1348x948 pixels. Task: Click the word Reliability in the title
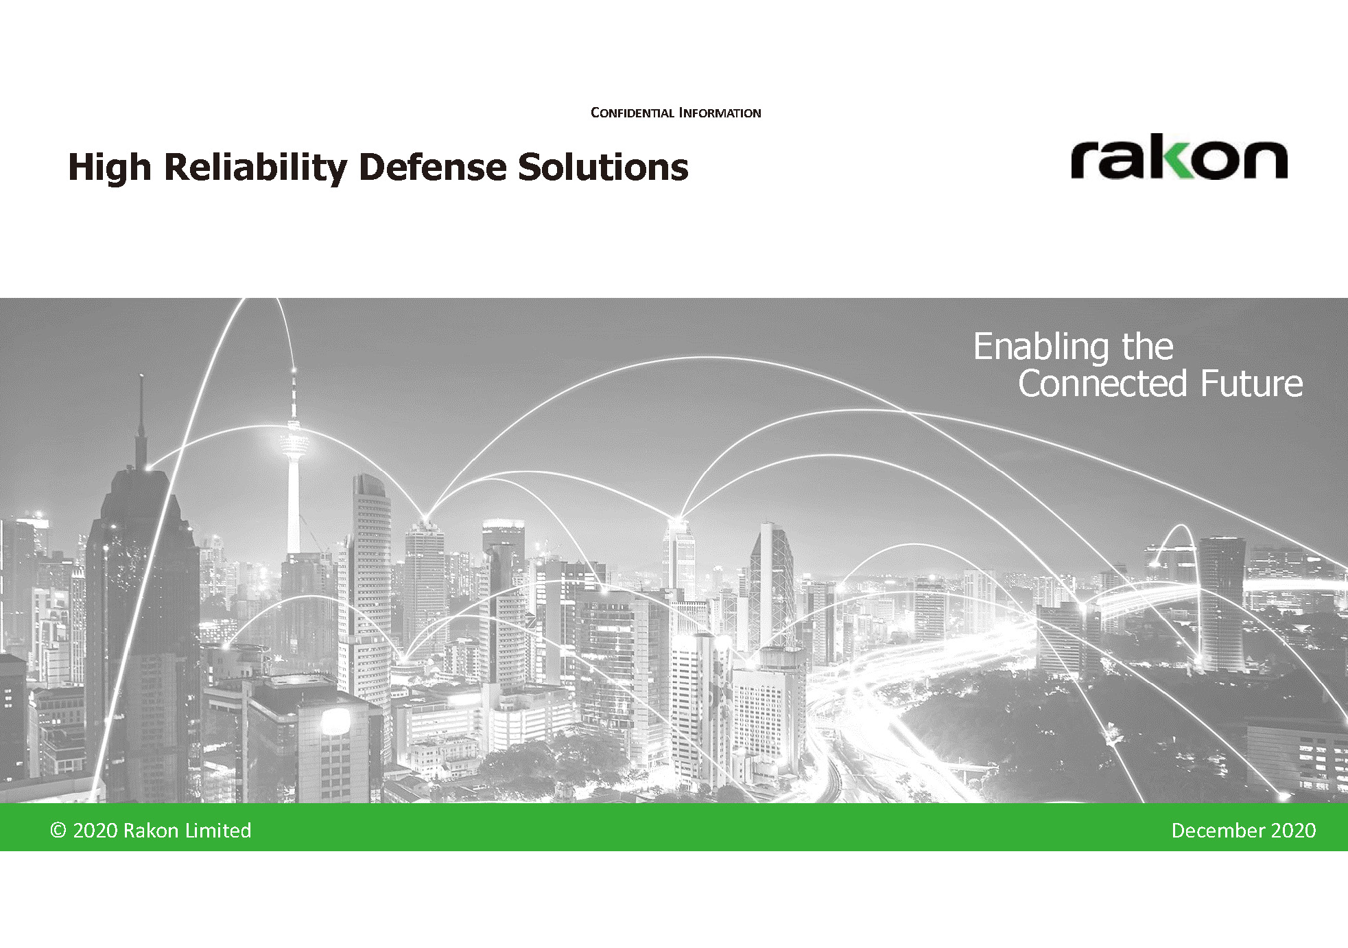click(x=256, y=167)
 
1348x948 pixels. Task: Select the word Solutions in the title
click(x=603, y=167)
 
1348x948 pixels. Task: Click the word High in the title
click(x=110, y=167)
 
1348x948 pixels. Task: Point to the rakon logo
click(x=1179, y=157)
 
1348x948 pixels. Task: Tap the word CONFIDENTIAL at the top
click(x=632, y=113)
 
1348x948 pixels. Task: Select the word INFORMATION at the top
click(x=720, y=113)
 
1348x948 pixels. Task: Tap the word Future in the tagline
click(x=1251, y=383)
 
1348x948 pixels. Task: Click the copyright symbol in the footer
click(x=58, y=831)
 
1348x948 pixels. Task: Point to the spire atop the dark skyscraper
click(x=141, y=419)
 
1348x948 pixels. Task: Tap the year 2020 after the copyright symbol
click(x=95, y=831)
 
